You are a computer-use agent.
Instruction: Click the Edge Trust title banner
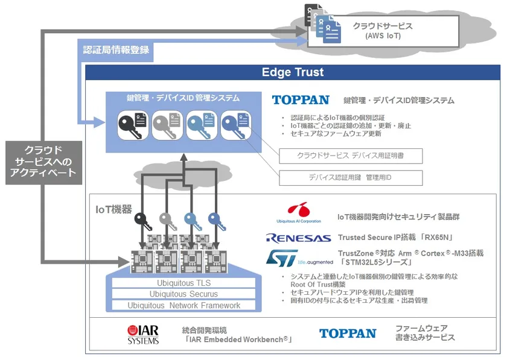pyautogui.click(x=293, y=72)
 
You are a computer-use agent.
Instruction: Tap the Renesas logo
pyautogui.click(x=298, y=238)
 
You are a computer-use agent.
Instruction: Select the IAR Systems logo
pyautogui.click(x=143, y=335)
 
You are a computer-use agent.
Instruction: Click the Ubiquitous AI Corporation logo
pyautogui.click(x=299, y=213)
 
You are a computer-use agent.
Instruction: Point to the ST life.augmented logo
pyautogui.click(x=299, y=258)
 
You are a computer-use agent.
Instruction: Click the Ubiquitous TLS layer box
pyautogui.click(x=183, y=283)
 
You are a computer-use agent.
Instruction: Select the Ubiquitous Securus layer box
pyautogui.click(x=183, y=294)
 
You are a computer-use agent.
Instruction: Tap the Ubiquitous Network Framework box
pyautogui.click(x=183, y=305)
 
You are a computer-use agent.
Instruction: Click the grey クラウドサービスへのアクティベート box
pyautogui.click(x=43, y=163)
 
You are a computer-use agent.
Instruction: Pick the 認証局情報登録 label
pyautogui.click(x=116, y=50)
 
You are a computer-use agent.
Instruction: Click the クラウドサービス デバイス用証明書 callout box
pyautogui.click(x=351, y=156)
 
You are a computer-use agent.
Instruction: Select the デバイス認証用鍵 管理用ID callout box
pyautogui.click(x=351, y=178)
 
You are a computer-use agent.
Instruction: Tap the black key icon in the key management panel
pyautogui.click(x=133, y=125)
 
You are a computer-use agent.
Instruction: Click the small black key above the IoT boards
pyautogui.click(x=143, y=221)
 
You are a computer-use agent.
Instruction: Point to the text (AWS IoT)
pyautogui.click(x=383, y=36)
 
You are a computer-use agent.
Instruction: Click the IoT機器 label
pyautogui.click(x=114, y=209)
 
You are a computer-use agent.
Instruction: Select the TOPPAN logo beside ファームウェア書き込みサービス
pyautogui.click(x=348, y=333)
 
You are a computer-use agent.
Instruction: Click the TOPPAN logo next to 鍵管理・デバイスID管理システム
pyautogui.click(x=301, y=100)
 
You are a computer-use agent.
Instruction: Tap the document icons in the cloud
pyautogui.click(x=323, y=24)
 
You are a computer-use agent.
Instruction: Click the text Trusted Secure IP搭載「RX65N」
pyautogui.click(x=395, y=238)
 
